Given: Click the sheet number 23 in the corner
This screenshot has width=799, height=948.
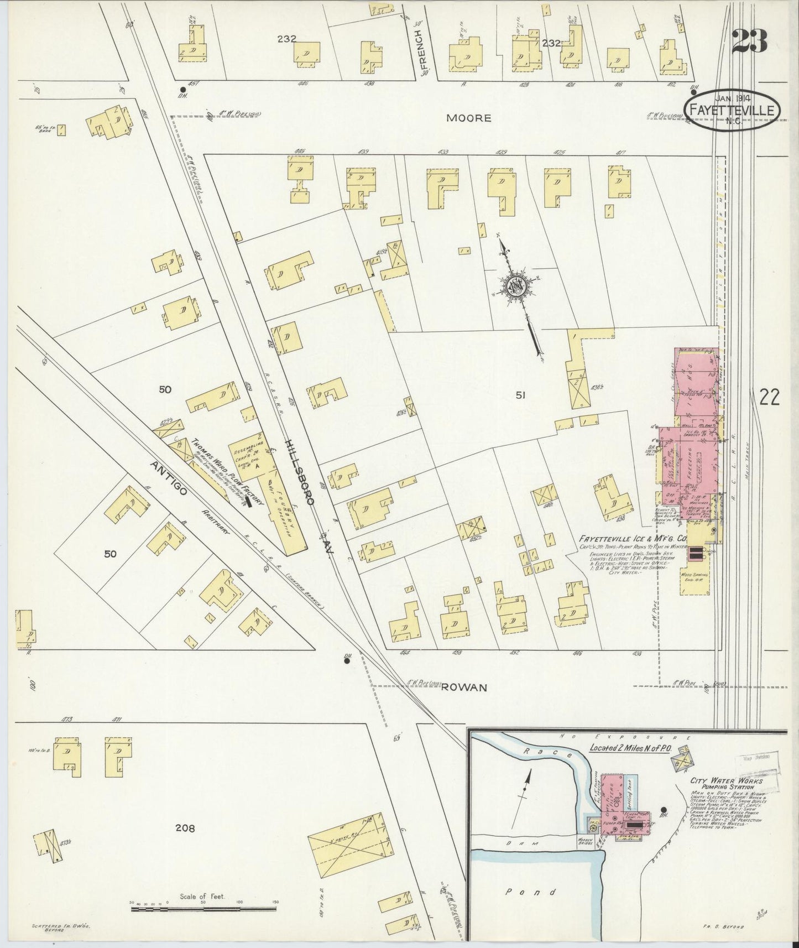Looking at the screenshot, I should point(749,41).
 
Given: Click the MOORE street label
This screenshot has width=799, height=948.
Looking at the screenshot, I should point(468,118).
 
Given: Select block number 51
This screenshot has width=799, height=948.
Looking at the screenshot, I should point(520,395).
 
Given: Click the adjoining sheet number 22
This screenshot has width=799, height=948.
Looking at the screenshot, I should point(769,397).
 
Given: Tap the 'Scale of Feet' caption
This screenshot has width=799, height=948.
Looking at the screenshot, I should point(201,896).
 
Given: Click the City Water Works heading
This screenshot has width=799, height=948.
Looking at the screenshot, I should point(726,781).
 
